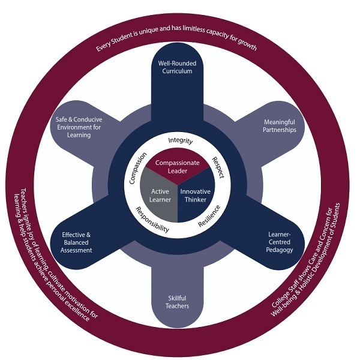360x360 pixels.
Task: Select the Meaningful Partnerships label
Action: coord(280,126)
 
